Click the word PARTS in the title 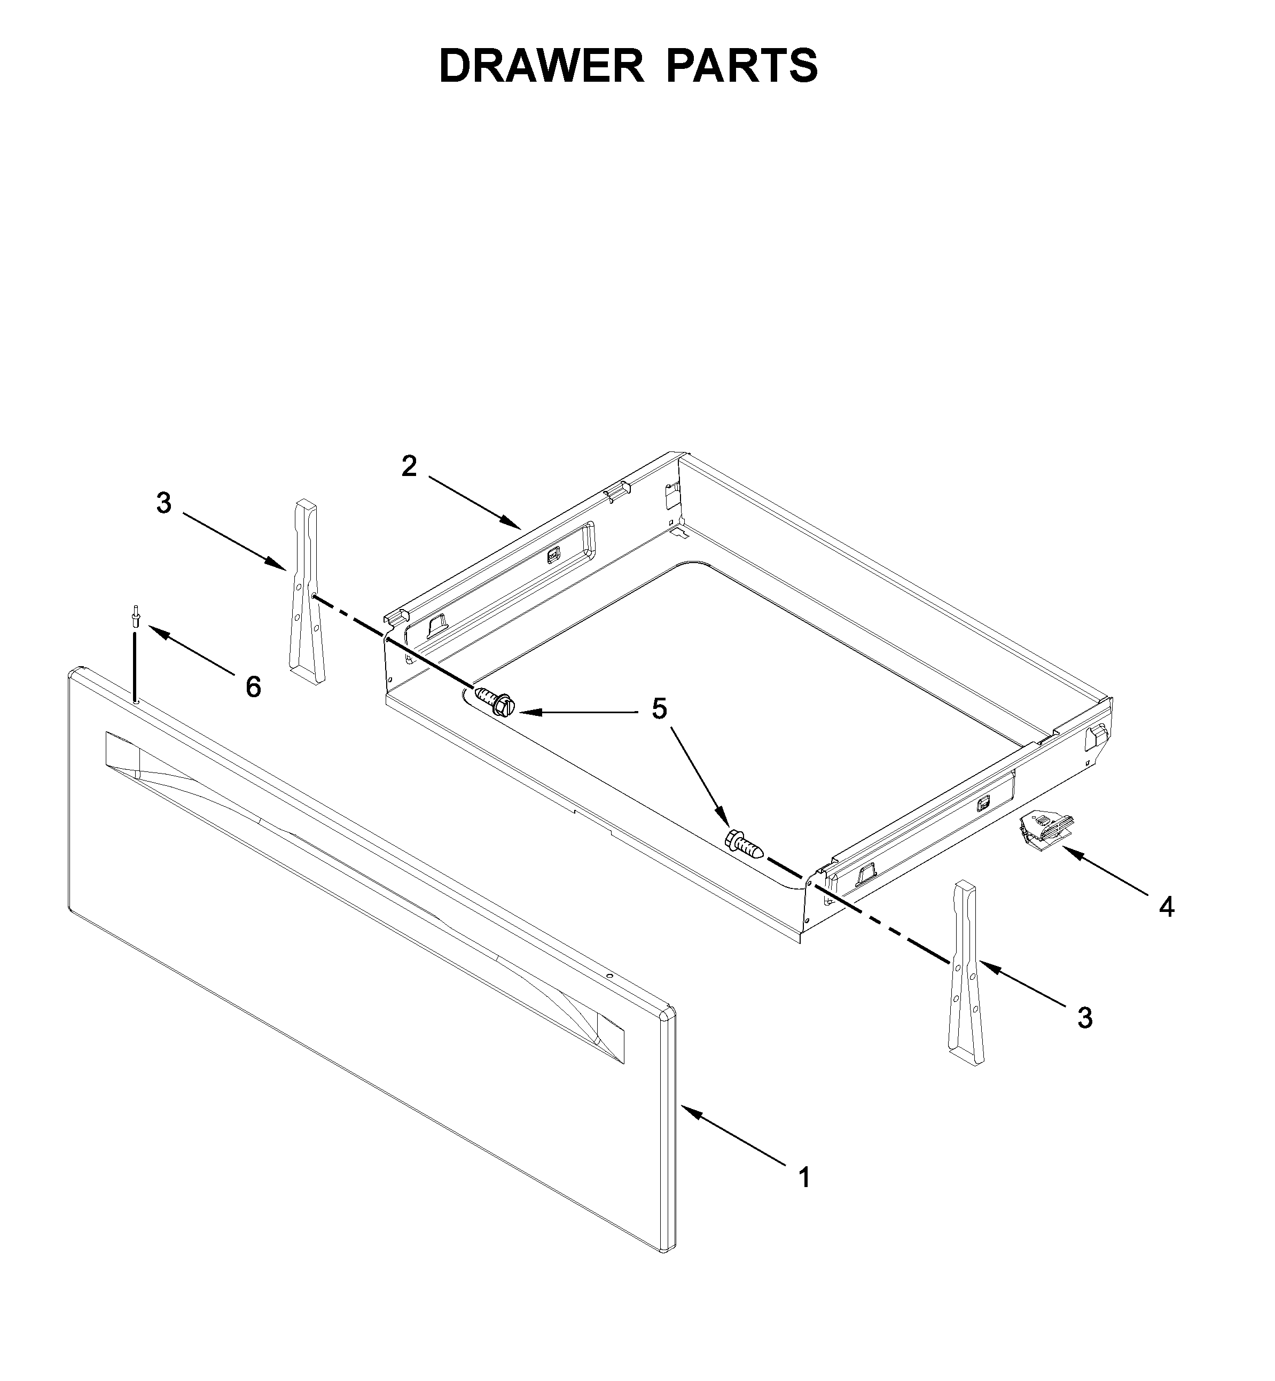click(742, 66)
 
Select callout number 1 click(804, 1177)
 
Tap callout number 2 click(409, 467)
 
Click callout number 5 click(660, 709)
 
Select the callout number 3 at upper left click(163, 504)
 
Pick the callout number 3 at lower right click(1085, 1018)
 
